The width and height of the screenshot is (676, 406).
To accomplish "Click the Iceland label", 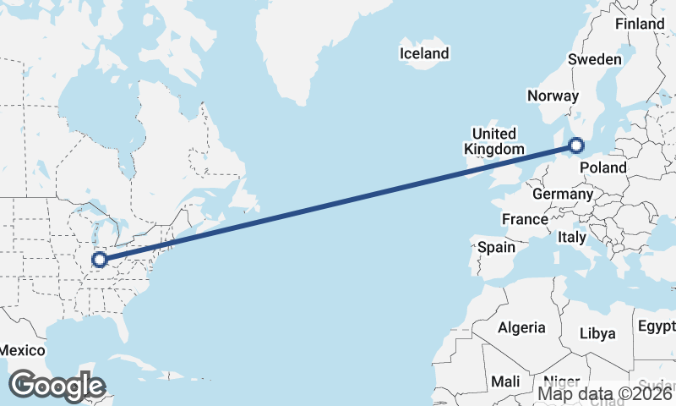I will click(424, 53).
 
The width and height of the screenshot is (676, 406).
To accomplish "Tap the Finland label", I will click(640, 24).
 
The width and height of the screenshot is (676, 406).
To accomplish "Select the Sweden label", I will click(594, 59).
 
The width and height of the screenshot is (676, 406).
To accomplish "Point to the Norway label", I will click(552, 96).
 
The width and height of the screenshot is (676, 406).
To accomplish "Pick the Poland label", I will click(604, 168).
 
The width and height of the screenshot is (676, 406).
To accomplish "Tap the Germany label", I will click(563, 194).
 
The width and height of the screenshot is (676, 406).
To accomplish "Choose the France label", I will click(525, 219).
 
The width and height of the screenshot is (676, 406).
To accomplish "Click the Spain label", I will click(496, 247).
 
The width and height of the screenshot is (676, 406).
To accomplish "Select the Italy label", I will click(571, 239).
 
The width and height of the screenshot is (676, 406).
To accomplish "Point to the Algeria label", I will click(521, 327).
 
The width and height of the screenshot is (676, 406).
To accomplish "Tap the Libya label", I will click(597, 332).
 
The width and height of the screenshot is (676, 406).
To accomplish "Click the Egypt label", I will click(657, 326).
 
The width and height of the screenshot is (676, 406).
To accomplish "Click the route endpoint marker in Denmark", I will click(577, 146).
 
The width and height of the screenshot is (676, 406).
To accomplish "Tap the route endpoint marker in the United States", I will click(100, 260).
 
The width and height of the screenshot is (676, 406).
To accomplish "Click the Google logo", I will click(56, 386).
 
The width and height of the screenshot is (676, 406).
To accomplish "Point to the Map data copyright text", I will click(605, 393).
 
